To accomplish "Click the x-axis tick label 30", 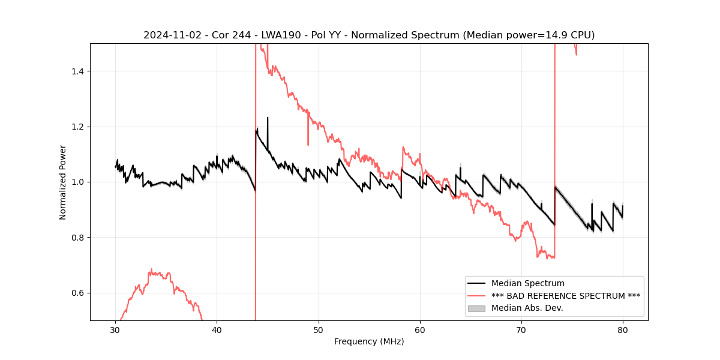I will click(115, 329).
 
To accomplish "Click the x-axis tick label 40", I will click(217, 329).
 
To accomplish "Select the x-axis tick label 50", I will click(319, 329).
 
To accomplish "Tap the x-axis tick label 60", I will click(420, 329).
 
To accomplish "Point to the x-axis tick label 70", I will click(521, 329).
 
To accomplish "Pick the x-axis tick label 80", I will click(623, 329).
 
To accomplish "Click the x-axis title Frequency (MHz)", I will click(369, 341).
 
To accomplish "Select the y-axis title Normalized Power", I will click(63, 182).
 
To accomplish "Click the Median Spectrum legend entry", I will click(527, 283).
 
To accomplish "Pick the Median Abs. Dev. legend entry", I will click(527, 308).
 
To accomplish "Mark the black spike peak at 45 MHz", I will click(268, 118).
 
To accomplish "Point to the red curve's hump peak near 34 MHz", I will click(151, 269).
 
